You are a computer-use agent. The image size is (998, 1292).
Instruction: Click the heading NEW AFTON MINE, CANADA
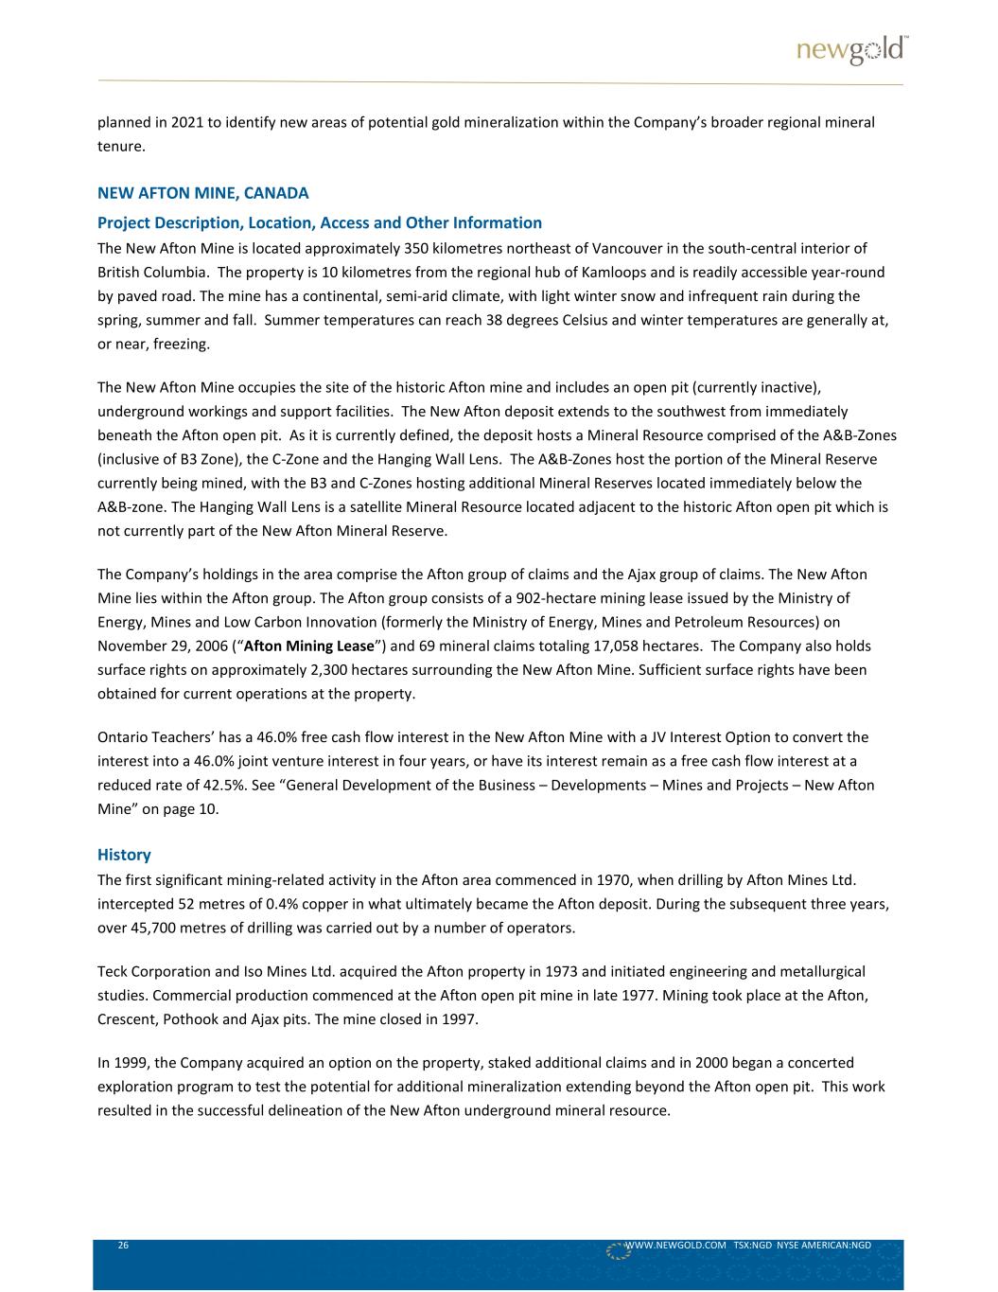[x=203, y=193]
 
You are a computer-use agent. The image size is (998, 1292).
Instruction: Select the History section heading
[x=124, y=855]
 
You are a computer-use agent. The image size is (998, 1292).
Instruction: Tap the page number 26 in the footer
[x=123, y=1246]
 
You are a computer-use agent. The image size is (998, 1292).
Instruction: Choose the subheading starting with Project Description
[x=320, y=223]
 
